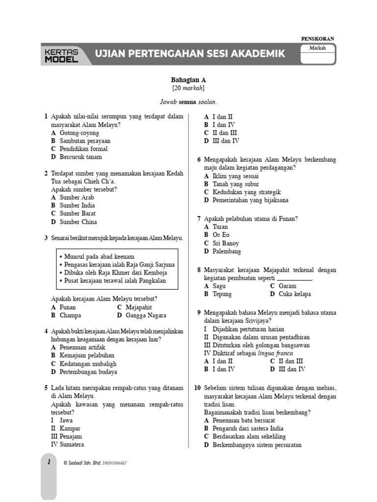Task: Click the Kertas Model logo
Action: click(x=61, y=55)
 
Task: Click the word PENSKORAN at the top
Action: click(x=317, y=39)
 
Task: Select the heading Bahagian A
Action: click(x=188, y=79)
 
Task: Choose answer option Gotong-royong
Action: click(x=79, y=133)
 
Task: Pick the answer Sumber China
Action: click(x=78, y=222)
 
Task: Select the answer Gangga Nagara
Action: click(x=146, y=315)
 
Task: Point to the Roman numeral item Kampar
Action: click(x=70, y=428)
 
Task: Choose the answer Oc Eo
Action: click(x=221, y=235)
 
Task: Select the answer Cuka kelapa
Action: click(x=295, y=294)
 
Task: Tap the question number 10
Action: click(x=197, y=387)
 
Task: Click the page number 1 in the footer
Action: click(x=49, y=462)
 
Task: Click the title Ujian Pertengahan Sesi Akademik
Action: click(x=189, y=54)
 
